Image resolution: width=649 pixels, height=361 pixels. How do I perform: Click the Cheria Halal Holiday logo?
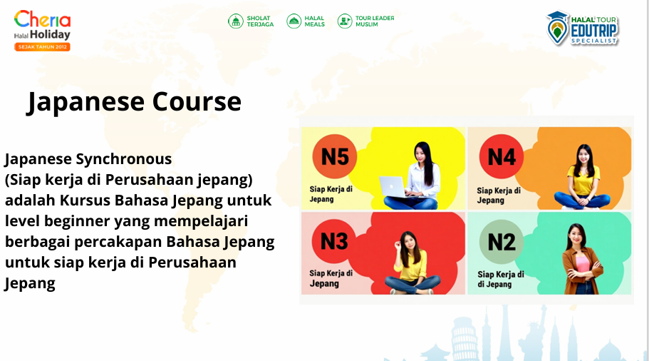(42, 31)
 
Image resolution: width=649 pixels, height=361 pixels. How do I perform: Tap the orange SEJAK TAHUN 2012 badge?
(42, 47)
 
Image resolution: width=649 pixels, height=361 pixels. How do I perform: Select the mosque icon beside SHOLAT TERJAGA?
(236, 21)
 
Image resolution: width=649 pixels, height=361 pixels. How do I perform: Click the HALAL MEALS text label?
(315, 21)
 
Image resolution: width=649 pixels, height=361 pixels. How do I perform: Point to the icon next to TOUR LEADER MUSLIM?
(344, 21)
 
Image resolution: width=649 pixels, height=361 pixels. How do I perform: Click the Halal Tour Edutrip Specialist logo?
(582, 29)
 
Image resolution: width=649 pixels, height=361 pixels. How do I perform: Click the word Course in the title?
(197, 101)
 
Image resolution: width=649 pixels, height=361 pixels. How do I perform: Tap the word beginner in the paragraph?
(77, 221)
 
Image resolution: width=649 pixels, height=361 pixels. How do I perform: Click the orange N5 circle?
(334, 157)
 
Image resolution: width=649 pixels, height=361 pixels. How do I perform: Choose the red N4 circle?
(502, 157)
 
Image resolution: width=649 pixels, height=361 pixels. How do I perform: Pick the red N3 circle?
(334, 241)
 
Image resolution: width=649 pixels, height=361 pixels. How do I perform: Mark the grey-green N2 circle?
(502, 242)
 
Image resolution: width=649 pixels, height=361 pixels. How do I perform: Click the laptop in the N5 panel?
(393, 188)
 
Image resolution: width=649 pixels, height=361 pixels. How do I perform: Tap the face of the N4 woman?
(583, 156)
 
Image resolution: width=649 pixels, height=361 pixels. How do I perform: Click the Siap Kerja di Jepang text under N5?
(331, 194)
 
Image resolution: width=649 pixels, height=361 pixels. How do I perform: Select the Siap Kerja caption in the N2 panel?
(501, 280)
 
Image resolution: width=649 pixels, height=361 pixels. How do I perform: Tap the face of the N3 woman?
(409, 242)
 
